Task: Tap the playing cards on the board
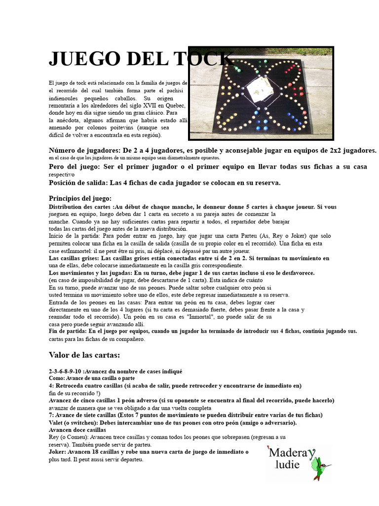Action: (257, 86)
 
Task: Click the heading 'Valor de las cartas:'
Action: (84, 355)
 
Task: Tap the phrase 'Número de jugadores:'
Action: (84, 150)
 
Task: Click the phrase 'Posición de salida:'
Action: (79, 182)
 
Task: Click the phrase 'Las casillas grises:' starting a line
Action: (74, 258)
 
